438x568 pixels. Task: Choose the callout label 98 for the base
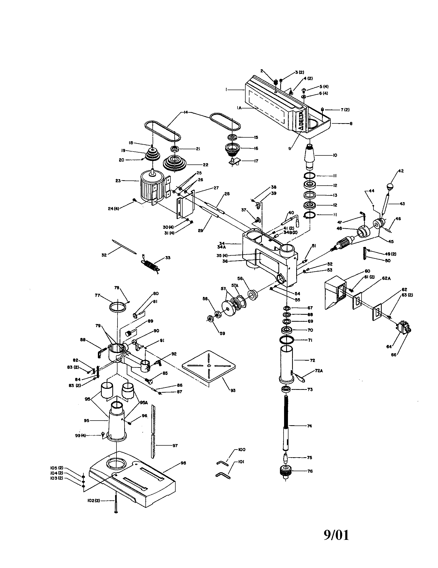pyautogui.click(x=183, y=463)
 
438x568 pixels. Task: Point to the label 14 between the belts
pyautogui.click(x=185, y=113)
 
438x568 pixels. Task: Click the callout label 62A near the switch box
pyautogui.click(x=386, y=278)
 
